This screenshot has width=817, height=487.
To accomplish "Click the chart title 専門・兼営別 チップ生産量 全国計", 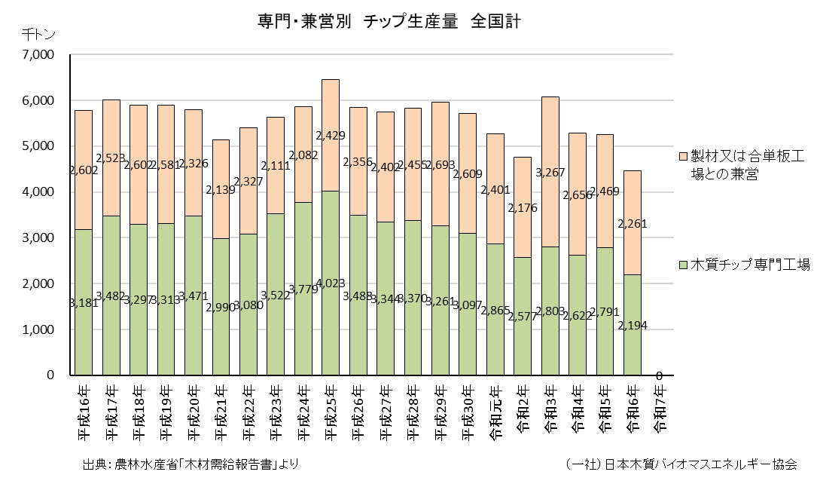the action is [x=389, y=21].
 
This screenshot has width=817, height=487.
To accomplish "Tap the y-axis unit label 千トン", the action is [x=38, y=35].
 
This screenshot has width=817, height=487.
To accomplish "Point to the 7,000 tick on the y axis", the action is [x=37, y=54].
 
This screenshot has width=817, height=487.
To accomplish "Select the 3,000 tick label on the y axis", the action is [x=37, y=237].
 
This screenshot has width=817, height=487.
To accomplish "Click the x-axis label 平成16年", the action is [x=84, y=413].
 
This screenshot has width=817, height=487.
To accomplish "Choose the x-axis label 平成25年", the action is [x=331, y=413].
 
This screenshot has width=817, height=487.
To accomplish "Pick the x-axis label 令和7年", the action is [x=660, y=409].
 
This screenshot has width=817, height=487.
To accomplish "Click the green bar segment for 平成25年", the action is [x=331, y=283].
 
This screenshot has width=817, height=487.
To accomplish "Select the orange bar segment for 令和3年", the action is [x=550, y=172].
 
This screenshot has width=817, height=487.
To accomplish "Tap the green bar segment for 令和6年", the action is [x=633, y=325].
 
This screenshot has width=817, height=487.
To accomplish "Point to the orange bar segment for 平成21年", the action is [x=221, y=189].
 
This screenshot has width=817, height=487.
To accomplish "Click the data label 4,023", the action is [x=331, y=284].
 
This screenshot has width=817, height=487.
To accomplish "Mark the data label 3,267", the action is [x=550, y=173].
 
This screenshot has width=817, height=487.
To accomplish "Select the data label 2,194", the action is [x=633, y=326].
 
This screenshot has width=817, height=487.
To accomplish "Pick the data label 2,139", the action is [x=221, y=190].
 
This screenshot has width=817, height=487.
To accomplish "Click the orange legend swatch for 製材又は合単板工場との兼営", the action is [x=683, y=156].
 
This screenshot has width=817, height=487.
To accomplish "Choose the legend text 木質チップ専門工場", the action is [x=750, y=265].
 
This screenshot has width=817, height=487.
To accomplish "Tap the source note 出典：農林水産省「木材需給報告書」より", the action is [x=191, y=464].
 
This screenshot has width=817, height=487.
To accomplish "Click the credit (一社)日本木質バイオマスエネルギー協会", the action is [x=681, y=464].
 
